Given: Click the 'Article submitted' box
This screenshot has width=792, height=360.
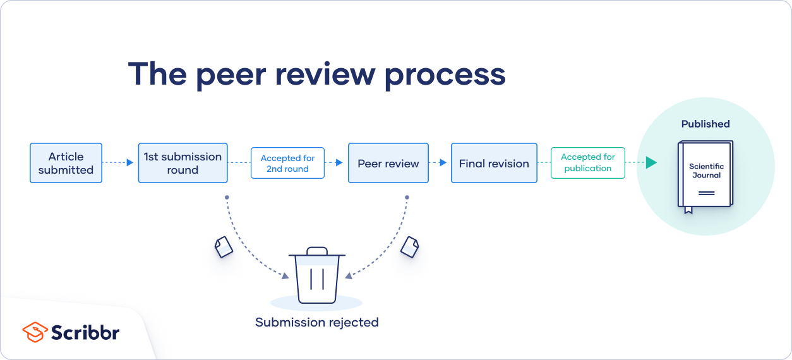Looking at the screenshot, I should pyautogui.click(x=66, y=163).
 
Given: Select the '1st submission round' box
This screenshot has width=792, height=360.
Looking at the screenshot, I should pyautogui.click(x=183, y=163).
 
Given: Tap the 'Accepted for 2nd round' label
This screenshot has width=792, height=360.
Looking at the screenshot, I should pyautogui.click(x=287, y=164).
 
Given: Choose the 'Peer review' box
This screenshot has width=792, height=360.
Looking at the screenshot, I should pyautogui.click(x=388, y=164).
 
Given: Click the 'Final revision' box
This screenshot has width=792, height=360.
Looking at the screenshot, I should pyautogui.click(x=494, y=164).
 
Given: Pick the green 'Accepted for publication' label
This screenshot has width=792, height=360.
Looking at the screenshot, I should pyautogui.click(x=587, y=163).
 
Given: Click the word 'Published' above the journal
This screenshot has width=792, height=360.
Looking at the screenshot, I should pyautogui.click(x=705, y=124).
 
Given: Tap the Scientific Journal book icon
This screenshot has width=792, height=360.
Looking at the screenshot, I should pyautogui.click(x=705, y=174).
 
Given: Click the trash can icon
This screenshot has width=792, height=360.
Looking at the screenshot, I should pyautogui.click(x=317, y=276).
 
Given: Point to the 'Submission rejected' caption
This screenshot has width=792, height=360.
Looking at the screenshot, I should pyautogui.click(x=316, y=322).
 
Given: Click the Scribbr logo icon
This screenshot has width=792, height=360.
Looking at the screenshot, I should pyautogui.click(x=35, y=332).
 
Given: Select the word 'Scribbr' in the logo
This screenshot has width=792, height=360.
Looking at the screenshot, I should pyautogui.click(x=85, y=332).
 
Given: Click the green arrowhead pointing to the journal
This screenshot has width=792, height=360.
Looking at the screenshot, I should pyautogui.click(x=651, y=163).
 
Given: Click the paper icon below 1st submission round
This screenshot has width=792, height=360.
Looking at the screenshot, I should pyautogui.click(x=224, y=246).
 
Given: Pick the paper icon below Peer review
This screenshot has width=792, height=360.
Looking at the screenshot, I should pyautogui.click(x=410, y=246).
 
